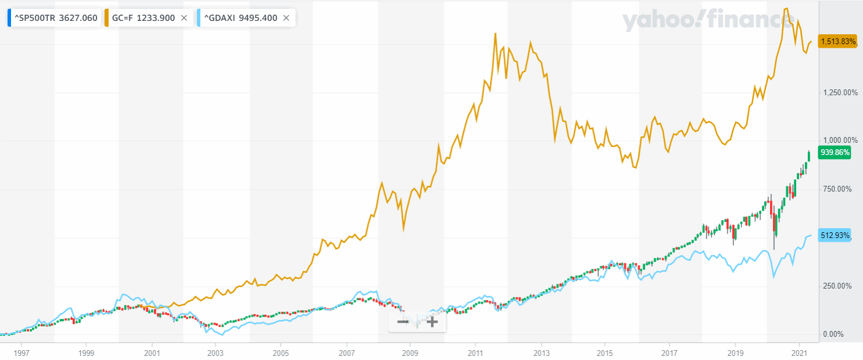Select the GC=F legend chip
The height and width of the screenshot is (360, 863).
tap(143, 18)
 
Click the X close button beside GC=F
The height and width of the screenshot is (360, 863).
tap(184, 18)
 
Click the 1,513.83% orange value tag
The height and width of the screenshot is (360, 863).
tap(837, 41)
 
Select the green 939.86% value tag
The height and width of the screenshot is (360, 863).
tap(835, 153)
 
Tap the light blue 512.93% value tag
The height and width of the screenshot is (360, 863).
tap(835, 235)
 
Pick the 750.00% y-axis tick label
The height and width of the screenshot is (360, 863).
tap(840, 189)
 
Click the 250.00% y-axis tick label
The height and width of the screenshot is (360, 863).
tap(840, 286)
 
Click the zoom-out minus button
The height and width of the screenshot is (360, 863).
tap(403, 322)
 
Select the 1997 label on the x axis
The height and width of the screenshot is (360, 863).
tap(21, 352)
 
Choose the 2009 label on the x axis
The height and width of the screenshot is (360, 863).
tap(410, 352)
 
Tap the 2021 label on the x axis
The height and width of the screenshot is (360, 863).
tap(800, 352)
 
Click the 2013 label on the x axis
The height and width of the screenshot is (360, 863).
tap(541, 352)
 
